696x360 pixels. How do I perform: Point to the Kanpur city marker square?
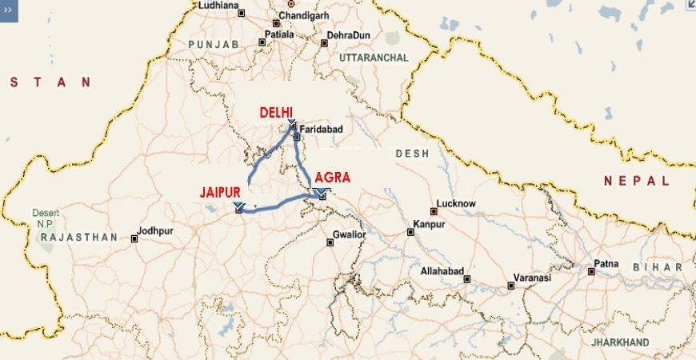410,232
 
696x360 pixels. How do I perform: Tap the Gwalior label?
349,235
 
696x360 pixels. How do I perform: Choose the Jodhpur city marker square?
134,238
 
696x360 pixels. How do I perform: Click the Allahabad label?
442,272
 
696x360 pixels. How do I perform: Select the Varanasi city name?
534,278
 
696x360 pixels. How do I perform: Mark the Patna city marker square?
591,271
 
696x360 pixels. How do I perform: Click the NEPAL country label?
637,182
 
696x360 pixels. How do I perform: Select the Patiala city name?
280,35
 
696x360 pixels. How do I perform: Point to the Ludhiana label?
218,6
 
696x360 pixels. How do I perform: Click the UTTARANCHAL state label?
373,58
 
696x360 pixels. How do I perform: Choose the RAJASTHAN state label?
78,238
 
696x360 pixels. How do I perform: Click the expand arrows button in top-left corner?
8,11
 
